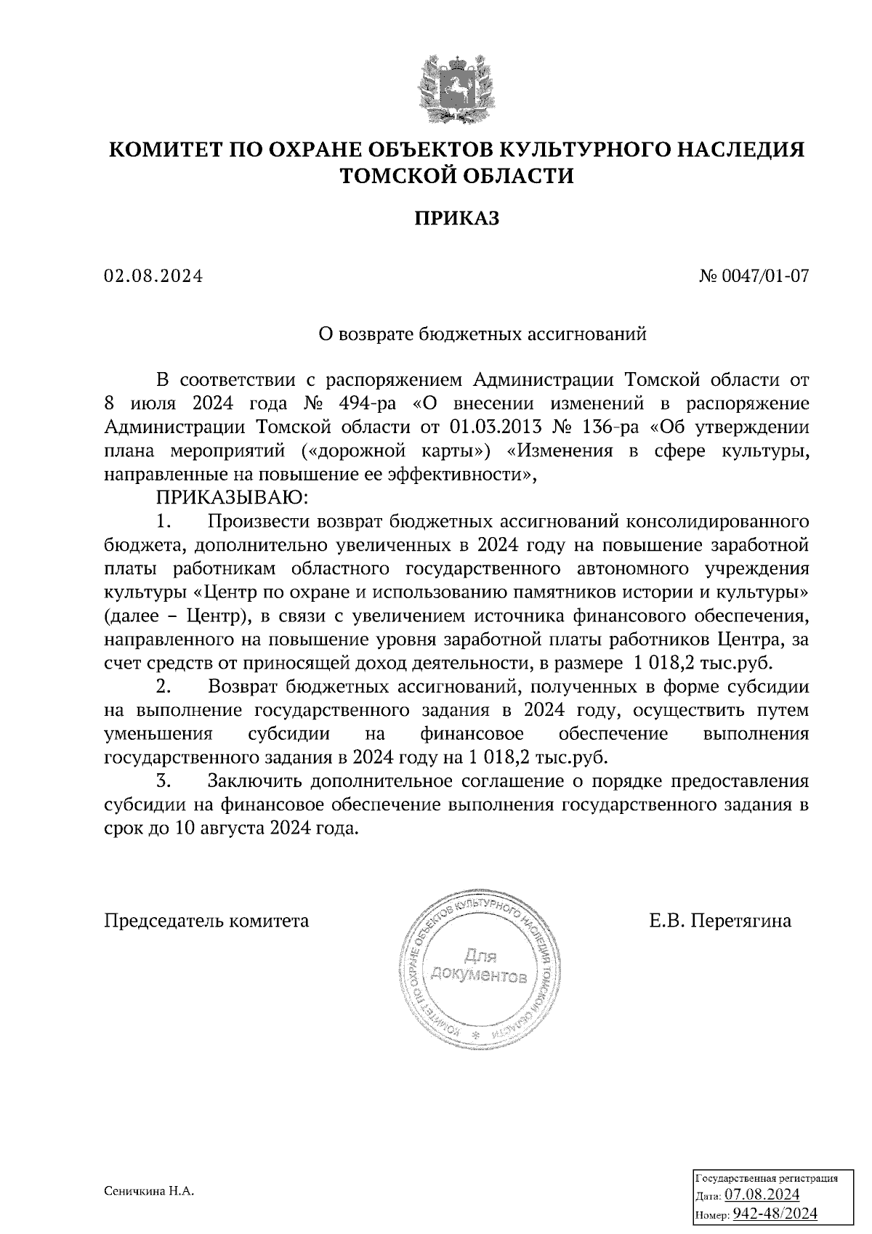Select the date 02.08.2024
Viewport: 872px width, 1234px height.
tap(153, 276)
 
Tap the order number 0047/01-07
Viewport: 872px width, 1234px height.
tap(764, 276)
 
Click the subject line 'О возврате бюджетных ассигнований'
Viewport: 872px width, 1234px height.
tap(483, 334)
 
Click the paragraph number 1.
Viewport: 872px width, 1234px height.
tap(164, 521)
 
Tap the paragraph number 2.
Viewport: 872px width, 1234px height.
tap(164, 687)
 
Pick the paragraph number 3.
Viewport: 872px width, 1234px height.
tap(164, 781)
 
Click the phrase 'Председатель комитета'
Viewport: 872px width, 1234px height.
tap(207, 922)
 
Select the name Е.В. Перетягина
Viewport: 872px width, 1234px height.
tap(720, 922)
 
